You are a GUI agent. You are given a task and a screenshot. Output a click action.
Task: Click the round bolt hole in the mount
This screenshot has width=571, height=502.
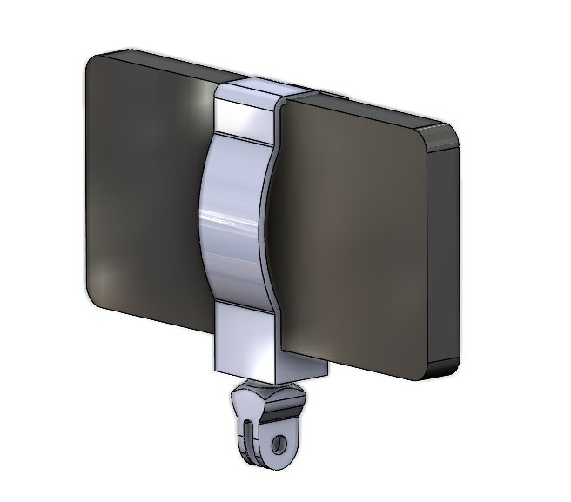[278, 445]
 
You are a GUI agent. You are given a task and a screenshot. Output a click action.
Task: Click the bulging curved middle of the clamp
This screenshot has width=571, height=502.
[231, 218]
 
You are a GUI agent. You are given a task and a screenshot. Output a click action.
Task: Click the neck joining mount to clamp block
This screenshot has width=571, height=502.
[258, 387]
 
